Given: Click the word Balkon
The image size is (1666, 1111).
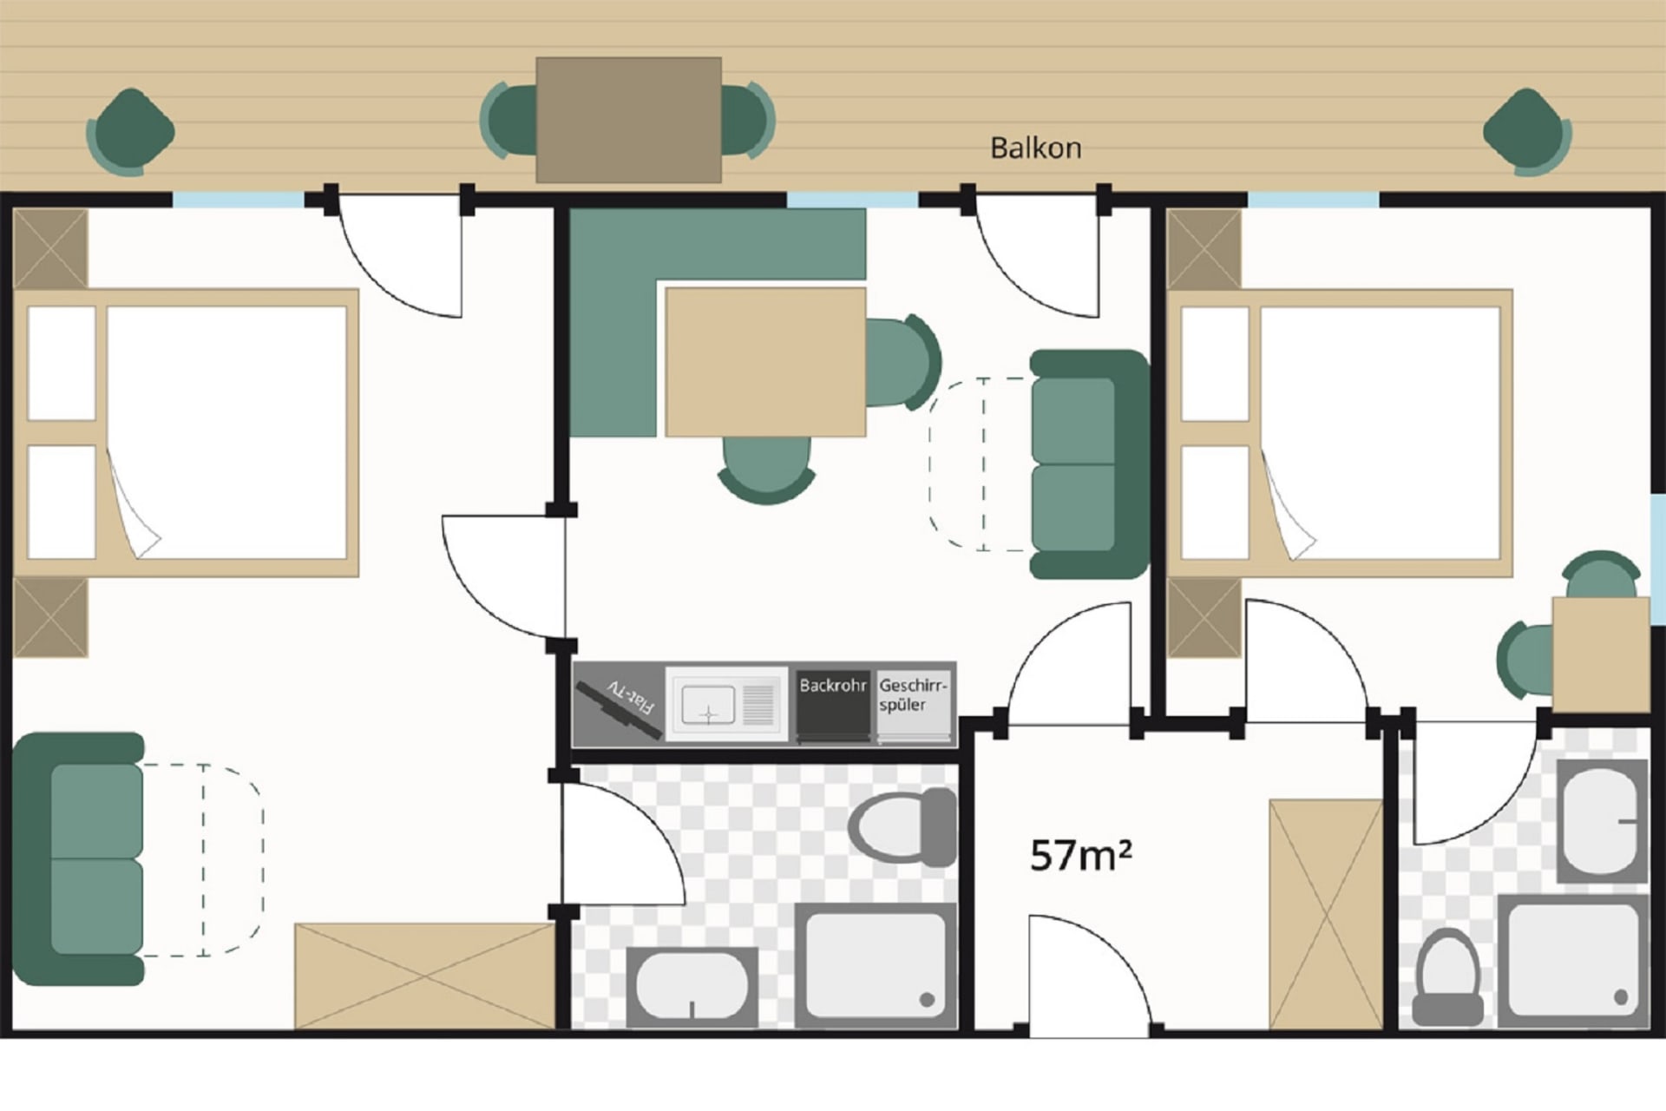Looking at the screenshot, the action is pos(1035,148).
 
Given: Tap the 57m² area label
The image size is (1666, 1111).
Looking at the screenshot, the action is pos(1080,856).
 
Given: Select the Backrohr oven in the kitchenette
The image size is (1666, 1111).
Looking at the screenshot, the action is pos(833,705).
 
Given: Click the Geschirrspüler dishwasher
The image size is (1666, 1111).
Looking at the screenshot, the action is pos(914,705).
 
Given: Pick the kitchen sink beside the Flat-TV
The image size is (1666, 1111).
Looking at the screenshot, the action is pos(726,704).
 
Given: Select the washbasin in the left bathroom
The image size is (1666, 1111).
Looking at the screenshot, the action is pos(692,987).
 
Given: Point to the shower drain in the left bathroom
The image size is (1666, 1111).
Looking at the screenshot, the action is pos(927,1000).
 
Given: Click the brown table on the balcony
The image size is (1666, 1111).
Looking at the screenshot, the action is pos(628,120).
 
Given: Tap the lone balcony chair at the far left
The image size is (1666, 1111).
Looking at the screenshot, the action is pos(130,132).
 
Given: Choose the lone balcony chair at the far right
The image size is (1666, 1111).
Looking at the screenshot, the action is pos(1528,132).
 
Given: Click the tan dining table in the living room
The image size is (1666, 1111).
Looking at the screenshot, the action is pos(765,362).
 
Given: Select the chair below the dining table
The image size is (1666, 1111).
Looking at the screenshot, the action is pos(766,470).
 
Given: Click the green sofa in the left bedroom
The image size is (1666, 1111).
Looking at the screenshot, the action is pos(79,858).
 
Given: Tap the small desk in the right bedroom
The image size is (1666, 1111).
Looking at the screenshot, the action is pos(1601,654).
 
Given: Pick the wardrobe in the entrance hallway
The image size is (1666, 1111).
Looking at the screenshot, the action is pos(1326,914).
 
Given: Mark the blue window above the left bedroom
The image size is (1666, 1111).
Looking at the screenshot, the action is pos(239,200).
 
